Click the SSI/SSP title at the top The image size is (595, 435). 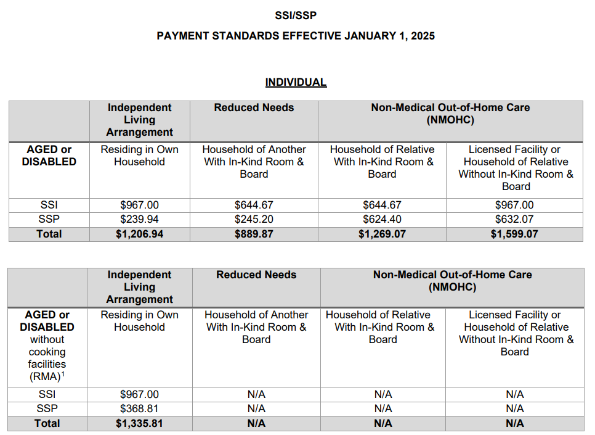tap(296, 15)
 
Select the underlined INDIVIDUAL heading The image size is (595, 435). tap(296, 82)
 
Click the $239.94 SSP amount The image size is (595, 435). tap(139, 219)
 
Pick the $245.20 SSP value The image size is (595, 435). tap(254, 219)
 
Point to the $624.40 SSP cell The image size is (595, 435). tap(382, 219)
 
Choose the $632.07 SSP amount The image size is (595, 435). tap(514, 219)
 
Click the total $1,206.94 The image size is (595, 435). tap(139, 234)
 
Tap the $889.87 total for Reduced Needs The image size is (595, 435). tap(254, 234)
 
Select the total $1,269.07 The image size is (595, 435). tap(382, 234)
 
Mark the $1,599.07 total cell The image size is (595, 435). tap(514, 234)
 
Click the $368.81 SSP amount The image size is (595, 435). tap(139, 408)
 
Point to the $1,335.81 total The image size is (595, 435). tap(139, 423)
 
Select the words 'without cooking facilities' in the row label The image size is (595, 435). tap(47, 352)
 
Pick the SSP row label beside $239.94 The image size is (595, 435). tap(49, 219)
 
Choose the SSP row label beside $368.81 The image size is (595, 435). tap(47, 408)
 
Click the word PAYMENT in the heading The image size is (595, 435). tap(182, 36)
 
